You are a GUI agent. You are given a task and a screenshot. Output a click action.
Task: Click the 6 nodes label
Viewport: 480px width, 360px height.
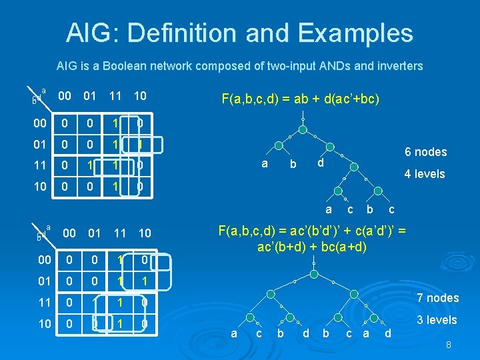tap(425, 152)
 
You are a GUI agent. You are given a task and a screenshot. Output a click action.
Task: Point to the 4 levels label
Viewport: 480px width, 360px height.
tap(425, 175)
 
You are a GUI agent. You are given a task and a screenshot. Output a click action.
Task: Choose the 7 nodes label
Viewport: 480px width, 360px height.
tap(437, 298)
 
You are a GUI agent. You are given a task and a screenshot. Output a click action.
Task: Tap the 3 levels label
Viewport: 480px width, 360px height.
tap(437, 320)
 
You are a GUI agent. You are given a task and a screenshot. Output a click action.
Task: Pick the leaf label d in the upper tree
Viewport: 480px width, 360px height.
tap(320, 163)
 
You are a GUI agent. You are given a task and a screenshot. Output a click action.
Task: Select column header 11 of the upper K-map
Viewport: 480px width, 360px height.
tap(115, 96)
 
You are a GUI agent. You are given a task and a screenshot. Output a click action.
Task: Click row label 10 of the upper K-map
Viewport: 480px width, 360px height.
tap(41, 187)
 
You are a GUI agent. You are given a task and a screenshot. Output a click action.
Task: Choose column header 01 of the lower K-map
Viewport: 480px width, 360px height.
tap(94, 233)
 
